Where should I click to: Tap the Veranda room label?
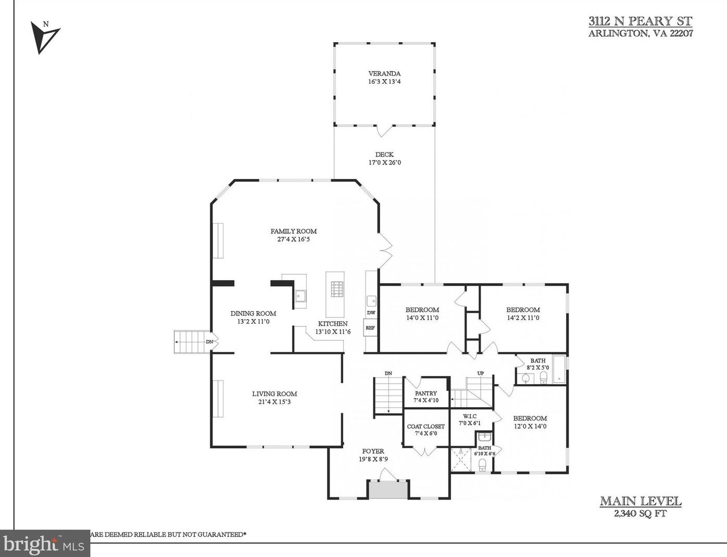pos(384,73)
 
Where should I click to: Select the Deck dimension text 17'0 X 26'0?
pos(384,163)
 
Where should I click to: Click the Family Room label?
pos(293,231)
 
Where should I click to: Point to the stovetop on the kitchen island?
pos(337,289)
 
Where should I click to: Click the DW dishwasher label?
pos(371,313)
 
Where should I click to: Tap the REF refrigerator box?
pos(370,327)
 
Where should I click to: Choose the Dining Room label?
pos(253,313)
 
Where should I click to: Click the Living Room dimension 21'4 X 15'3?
pos(274,402)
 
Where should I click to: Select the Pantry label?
pos(426,394)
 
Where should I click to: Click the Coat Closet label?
pos(426,427)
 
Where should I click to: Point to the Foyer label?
pos(373,451)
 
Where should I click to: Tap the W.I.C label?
pos(470,416)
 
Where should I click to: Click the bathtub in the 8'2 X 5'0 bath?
pos(559,369)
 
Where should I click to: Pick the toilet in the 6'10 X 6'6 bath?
pos(482,465)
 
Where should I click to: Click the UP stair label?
pos(481,373)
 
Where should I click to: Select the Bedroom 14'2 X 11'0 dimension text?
pos(523,318)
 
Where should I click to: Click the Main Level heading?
pos(641,501)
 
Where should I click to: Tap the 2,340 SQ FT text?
pos(641,513)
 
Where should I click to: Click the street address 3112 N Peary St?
pos(641,21)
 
